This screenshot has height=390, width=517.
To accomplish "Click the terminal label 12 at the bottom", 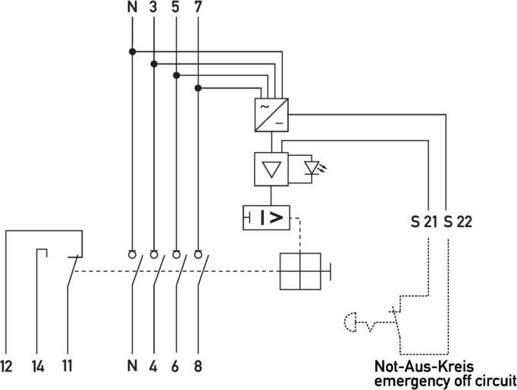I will [x=8, y=367].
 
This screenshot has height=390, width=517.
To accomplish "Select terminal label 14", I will [x=38, y=367].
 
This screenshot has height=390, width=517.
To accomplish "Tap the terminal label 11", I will [x=67, y=367].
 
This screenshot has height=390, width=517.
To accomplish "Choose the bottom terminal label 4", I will [x=154, y=367].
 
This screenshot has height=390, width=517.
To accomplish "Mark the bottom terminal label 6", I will [x=177, y=367].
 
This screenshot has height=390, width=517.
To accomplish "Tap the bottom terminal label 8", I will [x=199, y=367].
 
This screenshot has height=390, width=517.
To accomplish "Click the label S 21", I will [x=425, y=223].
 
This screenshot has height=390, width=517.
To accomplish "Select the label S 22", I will [x=457, y=223].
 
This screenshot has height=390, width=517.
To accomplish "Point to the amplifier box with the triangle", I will [x=270, y=168].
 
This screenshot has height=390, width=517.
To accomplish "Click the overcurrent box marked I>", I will [x=267, y=218].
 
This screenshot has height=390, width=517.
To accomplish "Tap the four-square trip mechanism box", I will [x=301, y=270].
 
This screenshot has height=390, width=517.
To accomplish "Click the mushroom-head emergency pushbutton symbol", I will [x=351, y=324].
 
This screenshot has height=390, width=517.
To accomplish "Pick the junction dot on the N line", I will [x=133, y=51].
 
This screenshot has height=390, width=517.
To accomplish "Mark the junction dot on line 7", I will [x=199, y=88].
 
